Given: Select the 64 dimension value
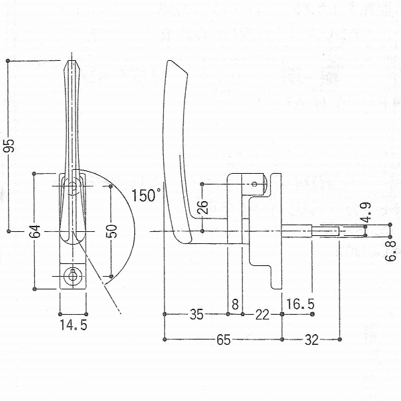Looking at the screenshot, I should [35, 231].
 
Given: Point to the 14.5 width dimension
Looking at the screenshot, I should [74, 325].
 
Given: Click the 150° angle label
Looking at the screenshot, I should [146, 196].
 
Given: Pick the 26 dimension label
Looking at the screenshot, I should [203, 207].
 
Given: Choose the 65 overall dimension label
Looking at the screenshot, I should [223, 340].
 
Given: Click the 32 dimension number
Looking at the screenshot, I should [311, 340].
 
